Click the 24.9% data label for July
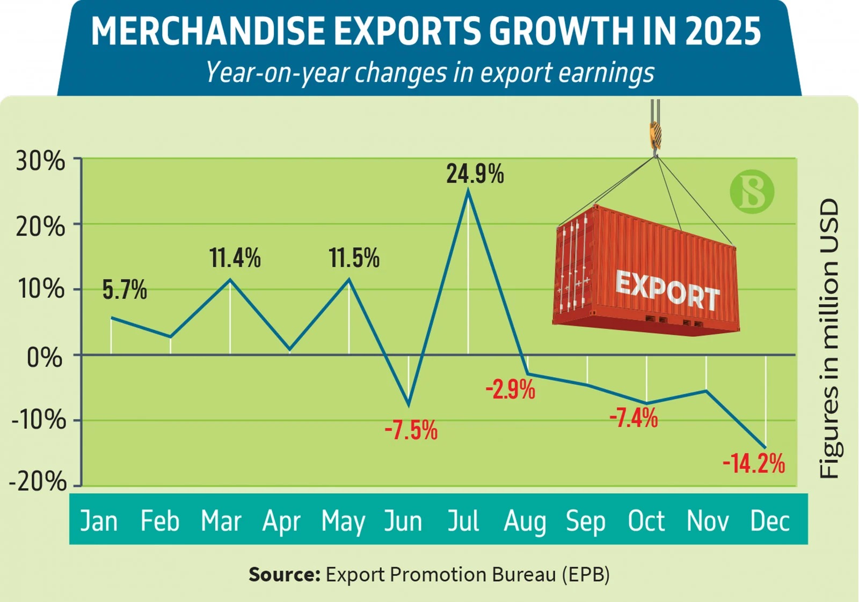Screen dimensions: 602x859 click(475, 174)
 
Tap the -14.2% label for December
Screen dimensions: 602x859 click(754, 464)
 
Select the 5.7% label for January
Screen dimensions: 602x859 click(125, 290)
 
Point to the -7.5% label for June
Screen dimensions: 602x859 click(411, 430)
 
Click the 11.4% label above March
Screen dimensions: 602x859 click(235, 258)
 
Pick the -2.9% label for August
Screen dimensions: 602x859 click(511, 390)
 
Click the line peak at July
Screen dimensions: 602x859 click(468, 190)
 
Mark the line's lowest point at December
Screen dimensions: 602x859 click(766, 447)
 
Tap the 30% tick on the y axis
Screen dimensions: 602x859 click(40, 160)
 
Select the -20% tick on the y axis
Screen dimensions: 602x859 click(38, 481)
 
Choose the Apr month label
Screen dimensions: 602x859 click(281, 521)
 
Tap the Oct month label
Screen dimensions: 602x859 click(646, 521)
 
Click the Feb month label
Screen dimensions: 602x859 click(159, 521)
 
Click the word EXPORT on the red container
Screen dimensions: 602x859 click(667, 290)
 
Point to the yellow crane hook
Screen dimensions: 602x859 click(656, 135)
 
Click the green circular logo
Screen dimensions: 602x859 click(752, 192)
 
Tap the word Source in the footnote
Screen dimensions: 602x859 click(284, 575)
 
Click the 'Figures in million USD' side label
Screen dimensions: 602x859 click(829, 338)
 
